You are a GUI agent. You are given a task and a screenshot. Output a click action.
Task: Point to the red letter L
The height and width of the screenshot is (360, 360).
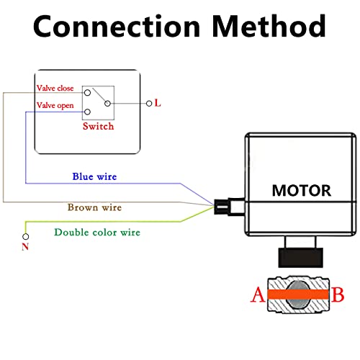point(158,103)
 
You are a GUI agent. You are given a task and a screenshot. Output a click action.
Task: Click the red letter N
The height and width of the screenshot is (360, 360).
point(27,247)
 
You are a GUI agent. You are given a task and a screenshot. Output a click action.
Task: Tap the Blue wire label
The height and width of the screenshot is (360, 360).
point(94,176)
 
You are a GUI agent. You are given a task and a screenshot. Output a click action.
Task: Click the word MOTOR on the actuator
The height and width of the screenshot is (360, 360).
point(301,191)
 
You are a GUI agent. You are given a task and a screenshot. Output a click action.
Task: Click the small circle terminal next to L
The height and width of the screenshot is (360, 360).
point(149,103)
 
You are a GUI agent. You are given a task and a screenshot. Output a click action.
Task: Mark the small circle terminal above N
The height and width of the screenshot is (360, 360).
point(27,235)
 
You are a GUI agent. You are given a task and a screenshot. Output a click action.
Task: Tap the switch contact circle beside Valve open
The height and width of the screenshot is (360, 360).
point(87,112)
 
